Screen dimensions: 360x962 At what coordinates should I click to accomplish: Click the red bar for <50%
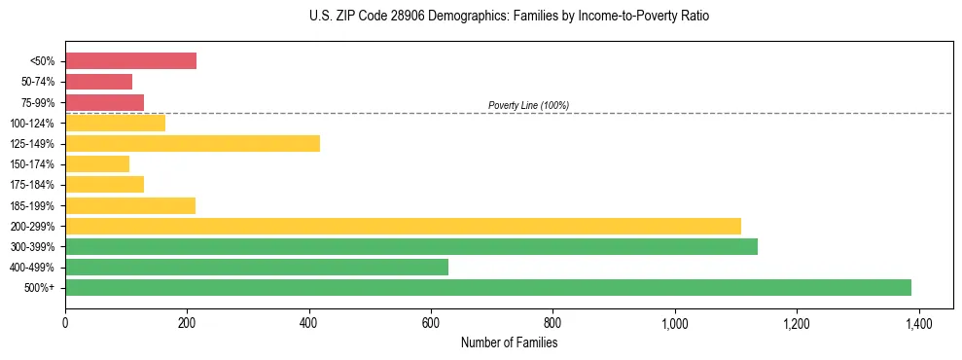point(130,61)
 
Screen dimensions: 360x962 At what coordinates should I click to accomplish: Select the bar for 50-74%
point(98,82)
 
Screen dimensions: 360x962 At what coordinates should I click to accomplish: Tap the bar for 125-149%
point(193,144)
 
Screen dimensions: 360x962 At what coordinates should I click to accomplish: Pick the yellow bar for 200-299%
point(403,226)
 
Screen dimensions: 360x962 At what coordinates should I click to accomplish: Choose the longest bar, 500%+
point(488,287)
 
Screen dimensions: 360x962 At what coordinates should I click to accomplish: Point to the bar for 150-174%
point(97,164)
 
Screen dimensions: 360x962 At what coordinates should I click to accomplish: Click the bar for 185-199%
point(130,205)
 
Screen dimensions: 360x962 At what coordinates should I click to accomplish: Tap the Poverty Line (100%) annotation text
point(528,105)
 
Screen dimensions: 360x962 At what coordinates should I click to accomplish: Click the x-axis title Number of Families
point(509,343)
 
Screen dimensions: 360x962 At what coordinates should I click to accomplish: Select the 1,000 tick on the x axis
point(674,323)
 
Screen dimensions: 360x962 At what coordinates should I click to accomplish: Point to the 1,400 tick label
point(918,323)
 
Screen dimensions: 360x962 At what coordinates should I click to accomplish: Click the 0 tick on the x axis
point(65,323)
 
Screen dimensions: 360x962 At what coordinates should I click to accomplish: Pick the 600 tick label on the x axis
point(431,323)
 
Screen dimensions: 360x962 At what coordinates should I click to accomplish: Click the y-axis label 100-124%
point(34,124)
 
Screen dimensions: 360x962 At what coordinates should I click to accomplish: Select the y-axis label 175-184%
point(34,185)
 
